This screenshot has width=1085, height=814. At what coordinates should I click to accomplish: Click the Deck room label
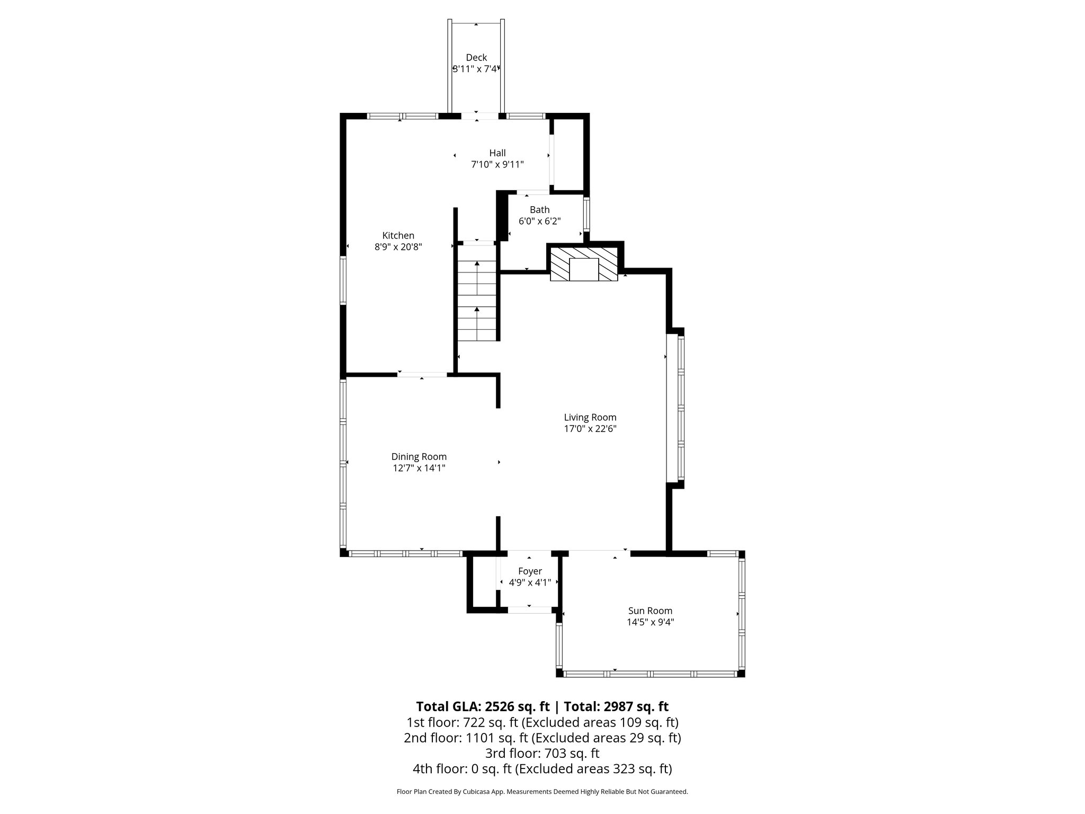click(x=476, y=57)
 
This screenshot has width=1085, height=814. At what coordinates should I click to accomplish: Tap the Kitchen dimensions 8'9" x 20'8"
click(x=398, y=247)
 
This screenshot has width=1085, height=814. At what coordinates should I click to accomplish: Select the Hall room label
click(x=497, y=153)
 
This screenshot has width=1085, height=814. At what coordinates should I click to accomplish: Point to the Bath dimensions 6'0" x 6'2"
click(x=539, y=222)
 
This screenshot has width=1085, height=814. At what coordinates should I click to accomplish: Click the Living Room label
click(x=590, y=418)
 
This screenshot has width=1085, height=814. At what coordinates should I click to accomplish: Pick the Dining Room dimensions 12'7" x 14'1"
click(x=419, y=468)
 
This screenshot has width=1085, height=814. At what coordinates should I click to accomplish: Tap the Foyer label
click(x=530, y=571)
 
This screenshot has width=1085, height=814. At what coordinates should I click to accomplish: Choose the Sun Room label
click(x=650, y=611)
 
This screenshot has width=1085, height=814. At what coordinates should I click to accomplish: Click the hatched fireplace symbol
click(x=584, y=265)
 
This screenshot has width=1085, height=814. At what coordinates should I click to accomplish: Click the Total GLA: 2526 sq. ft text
click(x=483, y=706)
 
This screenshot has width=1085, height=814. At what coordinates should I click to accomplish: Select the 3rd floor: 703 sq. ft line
click(x=542, y=753)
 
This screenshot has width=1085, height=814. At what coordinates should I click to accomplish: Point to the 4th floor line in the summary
click(x=542, y=768)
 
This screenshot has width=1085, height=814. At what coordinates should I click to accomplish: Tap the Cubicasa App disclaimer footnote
click(x=542, y=792)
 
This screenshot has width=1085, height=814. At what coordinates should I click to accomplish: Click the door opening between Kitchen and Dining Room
click(x=422, y=375)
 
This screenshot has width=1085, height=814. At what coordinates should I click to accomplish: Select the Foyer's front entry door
click(x=529, y=609)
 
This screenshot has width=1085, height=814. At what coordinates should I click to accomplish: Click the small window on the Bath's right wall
click(x=586, y=213)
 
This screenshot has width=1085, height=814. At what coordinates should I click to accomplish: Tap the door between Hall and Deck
click(x=476, y=116)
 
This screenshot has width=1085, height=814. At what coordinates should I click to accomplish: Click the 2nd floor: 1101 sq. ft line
click(x=542, y=738)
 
